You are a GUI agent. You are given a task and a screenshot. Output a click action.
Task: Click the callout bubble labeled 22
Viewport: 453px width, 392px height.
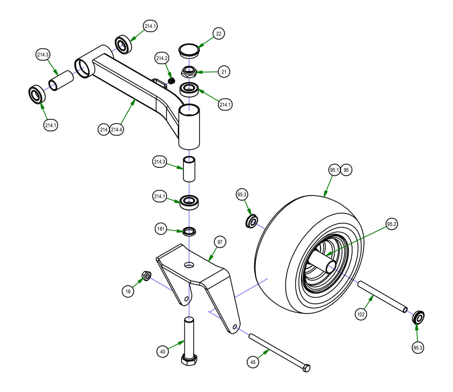tap(219, 34)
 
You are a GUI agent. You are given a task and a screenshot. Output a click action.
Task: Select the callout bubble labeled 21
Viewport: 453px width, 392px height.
tap(224, 72)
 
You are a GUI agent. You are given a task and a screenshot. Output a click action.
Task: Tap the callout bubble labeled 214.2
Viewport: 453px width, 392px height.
tap(162, 58)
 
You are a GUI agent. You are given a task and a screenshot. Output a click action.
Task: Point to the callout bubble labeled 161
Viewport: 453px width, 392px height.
tap(161, 229)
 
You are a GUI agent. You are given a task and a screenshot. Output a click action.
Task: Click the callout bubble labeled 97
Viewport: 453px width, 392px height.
tap(220, 242)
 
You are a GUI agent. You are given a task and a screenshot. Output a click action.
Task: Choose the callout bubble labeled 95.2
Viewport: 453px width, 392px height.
tap(392, 224)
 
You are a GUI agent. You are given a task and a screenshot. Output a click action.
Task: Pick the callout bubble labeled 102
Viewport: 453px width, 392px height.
tap(361, 314)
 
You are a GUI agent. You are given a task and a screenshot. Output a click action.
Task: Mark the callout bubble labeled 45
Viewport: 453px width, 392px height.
tap(253, 362)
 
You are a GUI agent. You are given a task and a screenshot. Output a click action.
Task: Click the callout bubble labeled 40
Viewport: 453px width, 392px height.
tap(163, 352)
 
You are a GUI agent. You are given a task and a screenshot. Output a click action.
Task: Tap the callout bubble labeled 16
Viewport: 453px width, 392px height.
tap(128, 291)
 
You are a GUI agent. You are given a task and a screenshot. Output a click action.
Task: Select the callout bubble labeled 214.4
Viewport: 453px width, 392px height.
tap(116, 130)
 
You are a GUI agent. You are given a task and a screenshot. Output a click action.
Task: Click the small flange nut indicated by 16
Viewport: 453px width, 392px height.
tap(147, 276)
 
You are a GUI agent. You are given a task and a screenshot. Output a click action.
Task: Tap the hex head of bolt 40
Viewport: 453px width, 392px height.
tap(189, 360)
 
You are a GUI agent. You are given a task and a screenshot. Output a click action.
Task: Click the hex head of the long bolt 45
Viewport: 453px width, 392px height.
tap(306, 368)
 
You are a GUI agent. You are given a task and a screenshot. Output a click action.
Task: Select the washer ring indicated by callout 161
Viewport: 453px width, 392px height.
tap(190, 231)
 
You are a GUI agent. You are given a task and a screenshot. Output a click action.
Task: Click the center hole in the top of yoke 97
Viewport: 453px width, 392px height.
tap(189, 265)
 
